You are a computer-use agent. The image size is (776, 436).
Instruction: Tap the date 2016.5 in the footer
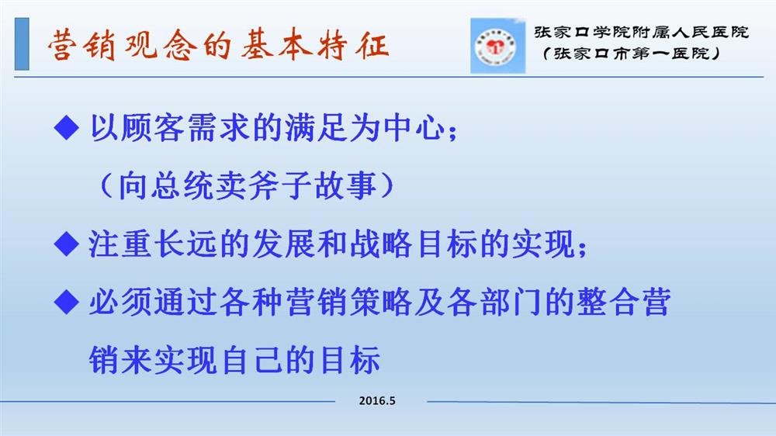click(377, 401)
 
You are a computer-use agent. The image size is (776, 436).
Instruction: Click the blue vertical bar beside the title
click(22, 43)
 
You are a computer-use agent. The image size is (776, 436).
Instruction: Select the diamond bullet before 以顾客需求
click(66, 127)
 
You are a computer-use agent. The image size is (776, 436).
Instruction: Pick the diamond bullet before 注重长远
click(66, 244)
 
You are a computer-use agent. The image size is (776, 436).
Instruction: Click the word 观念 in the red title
click(161, 46)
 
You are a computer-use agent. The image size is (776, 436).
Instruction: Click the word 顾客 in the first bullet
click(153, 128)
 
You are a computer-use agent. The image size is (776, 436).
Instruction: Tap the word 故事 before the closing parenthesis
click(345, 185)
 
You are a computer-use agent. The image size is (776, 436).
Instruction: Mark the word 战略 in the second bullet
click(381, 244)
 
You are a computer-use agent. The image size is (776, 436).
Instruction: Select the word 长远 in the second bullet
click(185, 244)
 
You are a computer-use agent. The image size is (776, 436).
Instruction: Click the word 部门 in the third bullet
click(511, 302)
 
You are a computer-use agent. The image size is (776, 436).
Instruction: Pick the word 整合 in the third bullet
click(608, 302)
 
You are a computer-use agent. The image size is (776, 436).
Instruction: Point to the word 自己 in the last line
click(252, 360)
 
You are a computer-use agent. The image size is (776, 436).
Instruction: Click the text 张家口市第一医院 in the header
click(632, 53)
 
